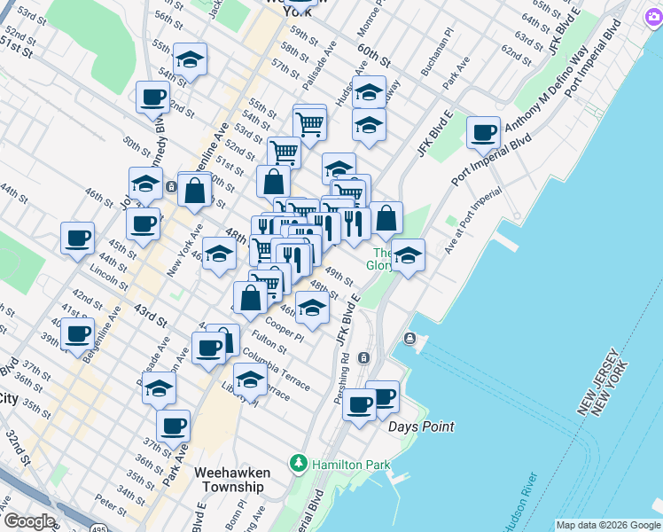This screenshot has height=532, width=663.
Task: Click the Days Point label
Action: pyautogui.click(x=421, y=426)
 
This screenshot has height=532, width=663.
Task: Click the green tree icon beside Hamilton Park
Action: pyautogui.click(x=300, y=464)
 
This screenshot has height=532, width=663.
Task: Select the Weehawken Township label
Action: pyautogui.click(x=232, y=480)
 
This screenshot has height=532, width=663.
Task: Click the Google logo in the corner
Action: pyautogui.click(x=28, y=521)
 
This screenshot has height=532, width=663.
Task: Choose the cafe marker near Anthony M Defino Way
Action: pyautogui.click(x=483, y=133)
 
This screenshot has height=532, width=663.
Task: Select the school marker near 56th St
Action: pyautogui.click(x=190, y=59)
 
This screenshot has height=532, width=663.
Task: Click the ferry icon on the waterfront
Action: pyautogui.click(x=409, y=339)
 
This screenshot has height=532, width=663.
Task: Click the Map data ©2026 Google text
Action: pyautogui.click(x=607, y=525)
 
